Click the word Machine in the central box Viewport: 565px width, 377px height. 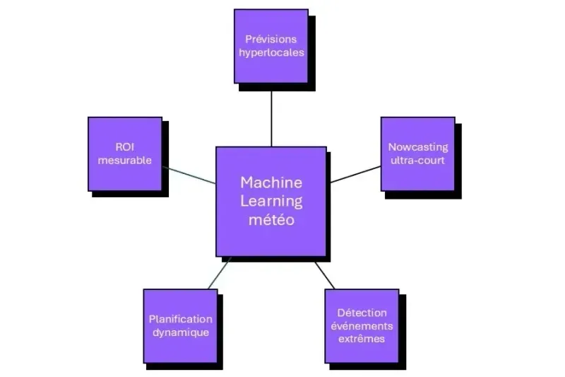pyautogui.click(x=270, y=182)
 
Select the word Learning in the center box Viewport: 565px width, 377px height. pyautogui.click(x=270, y=201)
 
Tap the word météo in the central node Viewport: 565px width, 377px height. pyautogui.click(x=270, y=220)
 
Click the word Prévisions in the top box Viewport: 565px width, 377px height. pyautogui.click(x=271, y=39)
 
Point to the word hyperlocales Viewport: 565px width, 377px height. pyautogui.click(x=271, y=52)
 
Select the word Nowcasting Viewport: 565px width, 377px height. pyautogui.click(x=417, y=147)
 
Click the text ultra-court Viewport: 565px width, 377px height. pyautogui.click(x=417, y=161)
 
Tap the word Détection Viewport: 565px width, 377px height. pyautogui.click(x=362, y=312)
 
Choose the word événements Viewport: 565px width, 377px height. pyautogui.click(x=362, y=325)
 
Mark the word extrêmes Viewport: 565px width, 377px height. pyautogui.click(x=362, y=339)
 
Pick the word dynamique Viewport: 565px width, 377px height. pyautogui.click(x=180, y=332)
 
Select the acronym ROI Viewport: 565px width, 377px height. pyautogui.click(x=125, y=147)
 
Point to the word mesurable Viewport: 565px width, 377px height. pyautogui.click(x=125, y=161)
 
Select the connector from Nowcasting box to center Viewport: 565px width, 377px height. pyautogui.click(x=355, y=174)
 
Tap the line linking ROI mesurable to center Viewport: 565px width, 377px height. pyautogui.click(x=189, y=175)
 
